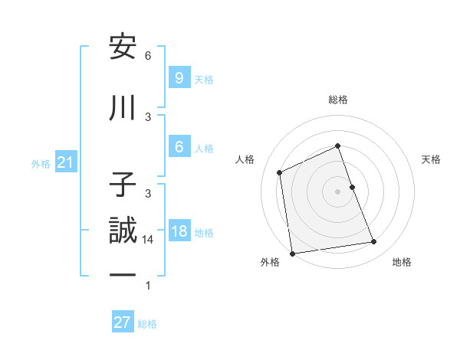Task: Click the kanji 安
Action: point(123,47)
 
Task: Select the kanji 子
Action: point(123,185)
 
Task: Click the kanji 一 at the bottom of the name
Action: point(123,274)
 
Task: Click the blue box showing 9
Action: point(179,77)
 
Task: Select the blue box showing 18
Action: point(179,231)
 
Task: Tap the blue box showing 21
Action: point(66,162)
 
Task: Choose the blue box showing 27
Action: point(123,322)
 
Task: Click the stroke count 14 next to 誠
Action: point(149,240)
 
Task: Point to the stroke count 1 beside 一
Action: point(148,286)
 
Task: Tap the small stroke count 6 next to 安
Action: point(148,56)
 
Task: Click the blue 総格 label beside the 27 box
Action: point(147,323)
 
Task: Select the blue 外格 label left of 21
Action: point(41,163)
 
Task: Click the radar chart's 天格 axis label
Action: point(432,159)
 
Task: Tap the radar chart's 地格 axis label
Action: point(402,262)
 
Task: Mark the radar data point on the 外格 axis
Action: point(292,252)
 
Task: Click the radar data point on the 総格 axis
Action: point(337,146)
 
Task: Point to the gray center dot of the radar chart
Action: point(337,191)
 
